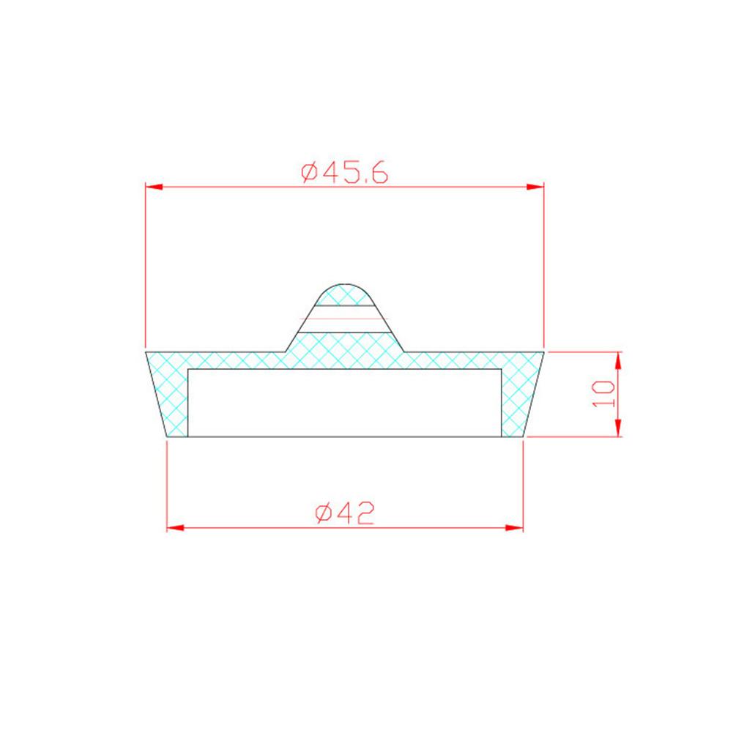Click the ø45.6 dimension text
coord(344,173)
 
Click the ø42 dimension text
coord(345,513)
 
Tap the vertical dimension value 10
coord(603,394)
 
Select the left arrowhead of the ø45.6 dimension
coord(155,187)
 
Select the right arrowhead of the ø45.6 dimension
coord(535,187)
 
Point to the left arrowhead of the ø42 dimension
coord(175,528)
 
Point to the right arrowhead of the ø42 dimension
coord(514,528)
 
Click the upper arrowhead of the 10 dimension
coord(618,360)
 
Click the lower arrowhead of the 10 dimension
coord(618,428)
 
